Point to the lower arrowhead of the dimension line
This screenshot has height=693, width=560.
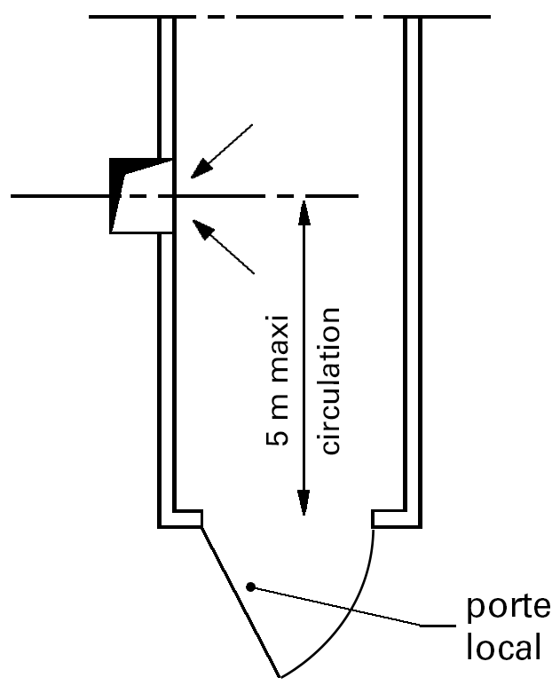[x=304, y=506]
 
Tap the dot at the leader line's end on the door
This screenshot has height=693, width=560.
[x=252, y=586]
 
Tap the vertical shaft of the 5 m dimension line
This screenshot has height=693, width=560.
[x=304, y=355]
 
